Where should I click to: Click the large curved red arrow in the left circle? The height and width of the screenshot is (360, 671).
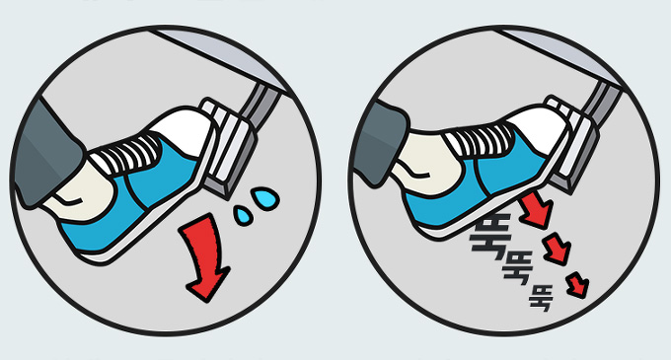[204, 256]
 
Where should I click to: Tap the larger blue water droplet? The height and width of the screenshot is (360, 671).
[265, 198]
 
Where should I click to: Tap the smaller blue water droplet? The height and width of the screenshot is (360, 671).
[244, 215]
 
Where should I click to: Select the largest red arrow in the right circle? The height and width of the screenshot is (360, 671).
[535, 209]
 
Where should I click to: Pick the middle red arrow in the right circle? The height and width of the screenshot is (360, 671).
[558, 250]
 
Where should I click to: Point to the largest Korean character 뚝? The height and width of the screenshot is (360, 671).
[490, 236]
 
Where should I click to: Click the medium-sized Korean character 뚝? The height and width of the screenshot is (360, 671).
[518, 267]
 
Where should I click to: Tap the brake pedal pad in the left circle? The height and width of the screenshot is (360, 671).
[230, 150]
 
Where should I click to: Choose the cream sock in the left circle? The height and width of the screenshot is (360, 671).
[81, 192]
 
